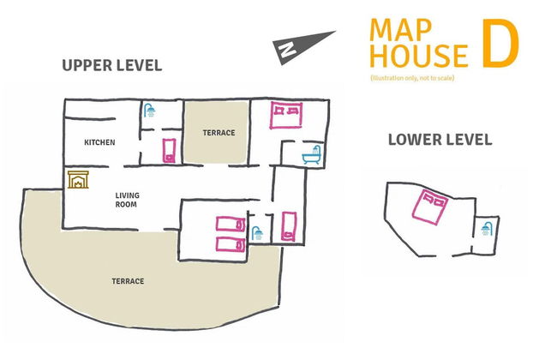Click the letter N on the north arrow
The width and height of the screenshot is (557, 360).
284,51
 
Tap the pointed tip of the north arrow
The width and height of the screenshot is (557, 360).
334,33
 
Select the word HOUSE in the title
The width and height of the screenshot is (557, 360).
419,56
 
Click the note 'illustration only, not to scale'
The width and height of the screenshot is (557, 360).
413,78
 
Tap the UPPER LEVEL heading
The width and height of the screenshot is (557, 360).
111,65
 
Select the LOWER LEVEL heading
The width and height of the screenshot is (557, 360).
440,140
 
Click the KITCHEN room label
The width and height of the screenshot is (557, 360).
99,141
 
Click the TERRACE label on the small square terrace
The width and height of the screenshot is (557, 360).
218,133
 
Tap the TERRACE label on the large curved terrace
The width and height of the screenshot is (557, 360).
127,281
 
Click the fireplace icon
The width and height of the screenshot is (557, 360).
77,180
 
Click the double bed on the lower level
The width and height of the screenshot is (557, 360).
430,206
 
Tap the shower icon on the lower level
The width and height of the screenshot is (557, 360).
487,228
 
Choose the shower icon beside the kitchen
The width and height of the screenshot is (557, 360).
149,111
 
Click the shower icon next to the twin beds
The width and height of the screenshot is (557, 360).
255,231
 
